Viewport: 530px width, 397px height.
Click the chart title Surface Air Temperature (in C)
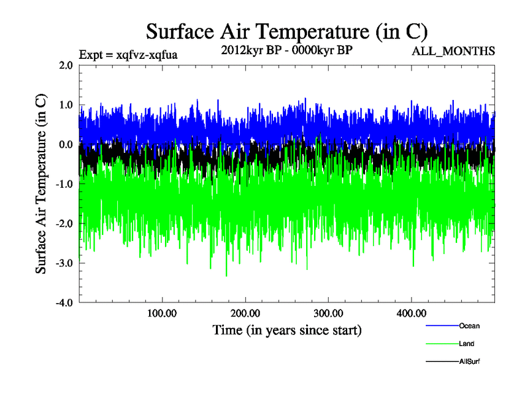(287, 31)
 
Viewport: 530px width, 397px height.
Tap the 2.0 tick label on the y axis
(66, 66)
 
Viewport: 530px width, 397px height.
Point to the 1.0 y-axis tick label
(66, 105)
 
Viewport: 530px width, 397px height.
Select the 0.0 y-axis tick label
(66, 144)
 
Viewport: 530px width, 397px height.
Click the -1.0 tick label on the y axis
(64, 184)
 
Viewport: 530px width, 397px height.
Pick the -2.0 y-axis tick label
(64, 224)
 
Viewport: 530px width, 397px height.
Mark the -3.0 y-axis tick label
(64, 263)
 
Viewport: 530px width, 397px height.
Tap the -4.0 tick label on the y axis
(64, 302)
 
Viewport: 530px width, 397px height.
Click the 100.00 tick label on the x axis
(162, 313)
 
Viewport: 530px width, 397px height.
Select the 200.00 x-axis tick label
(245, 313)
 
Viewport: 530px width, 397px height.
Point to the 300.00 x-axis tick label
(328, 313)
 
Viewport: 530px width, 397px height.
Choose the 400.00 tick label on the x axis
(411, 313)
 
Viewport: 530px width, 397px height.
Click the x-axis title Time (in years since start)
(287, 329)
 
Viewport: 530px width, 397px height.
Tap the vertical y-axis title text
(41, 184)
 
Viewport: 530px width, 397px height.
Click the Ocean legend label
(469, 326)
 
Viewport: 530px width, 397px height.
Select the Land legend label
(466, 343)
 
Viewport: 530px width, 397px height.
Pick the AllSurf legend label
(469, 361)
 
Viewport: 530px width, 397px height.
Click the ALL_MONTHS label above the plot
(452, 51)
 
